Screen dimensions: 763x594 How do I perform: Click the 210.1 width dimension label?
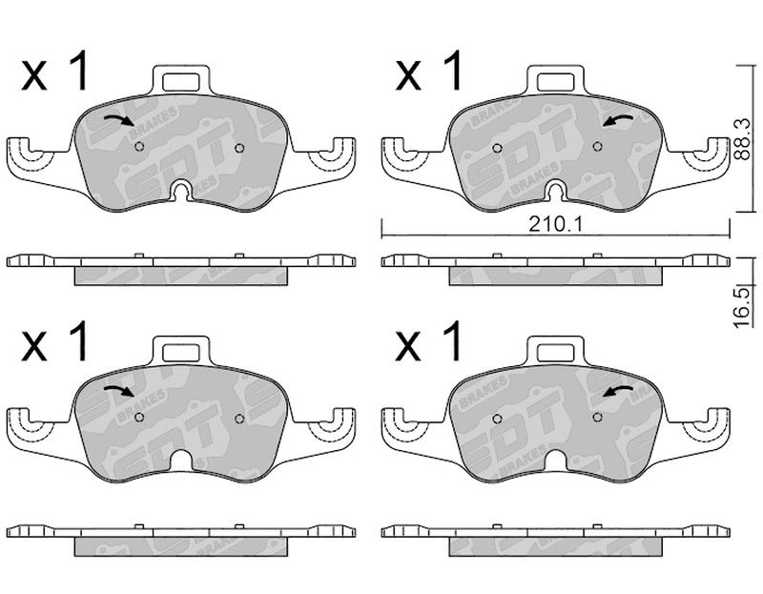(x=556, y=224)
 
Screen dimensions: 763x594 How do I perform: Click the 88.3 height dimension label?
(x=742, y=139)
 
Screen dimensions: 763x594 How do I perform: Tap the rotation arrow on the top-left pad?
(x=120, y=120)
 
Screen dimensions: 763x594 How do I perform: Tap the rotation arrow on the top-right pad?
(x=617, y=121)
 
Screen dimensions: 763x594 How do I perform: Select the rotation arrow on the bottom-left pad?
(x=120, y=390)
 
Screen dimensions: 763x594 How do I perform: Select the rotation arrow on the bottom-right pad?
(x=617, y=391)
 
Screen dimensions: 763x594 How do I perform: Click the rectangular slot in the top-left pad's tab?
(x=181, y=82)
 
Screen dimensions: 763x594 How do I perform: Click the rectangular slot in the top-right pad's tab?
(x=556, y=82)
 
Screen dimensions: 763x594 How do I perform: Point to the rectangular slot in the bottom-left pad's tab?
(x=181, y=352)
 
